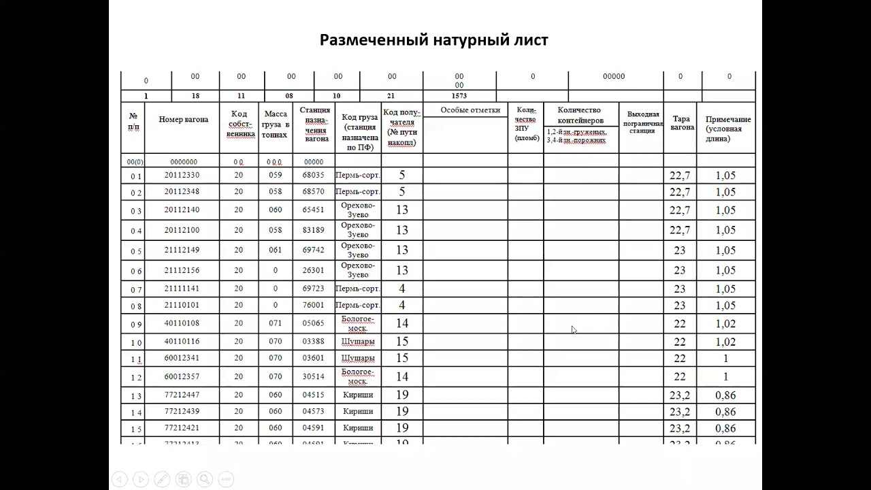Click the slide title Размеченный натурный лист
click(433, 40)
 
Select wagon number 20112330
click(182, 175)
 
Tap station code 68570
click(313, 192)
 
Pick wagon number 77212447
click(182, 395)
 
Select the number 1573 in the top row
click(459, 96)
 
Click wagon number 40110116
click(182, 341)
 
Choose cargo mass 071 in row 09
click(275, 323)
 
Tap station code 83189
click(313, 230)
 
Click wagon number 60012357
click(182, 376)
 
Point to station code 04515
click(313, 395)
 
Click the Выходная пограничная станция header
click(642, 122)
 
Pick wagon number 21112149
click(182, 250)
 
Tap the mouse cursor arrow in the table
click(574, 330)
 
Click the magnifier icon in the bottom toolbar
click(204, 478)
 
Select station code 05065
click(313, 323)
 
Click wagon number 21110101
click(182, 306)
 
